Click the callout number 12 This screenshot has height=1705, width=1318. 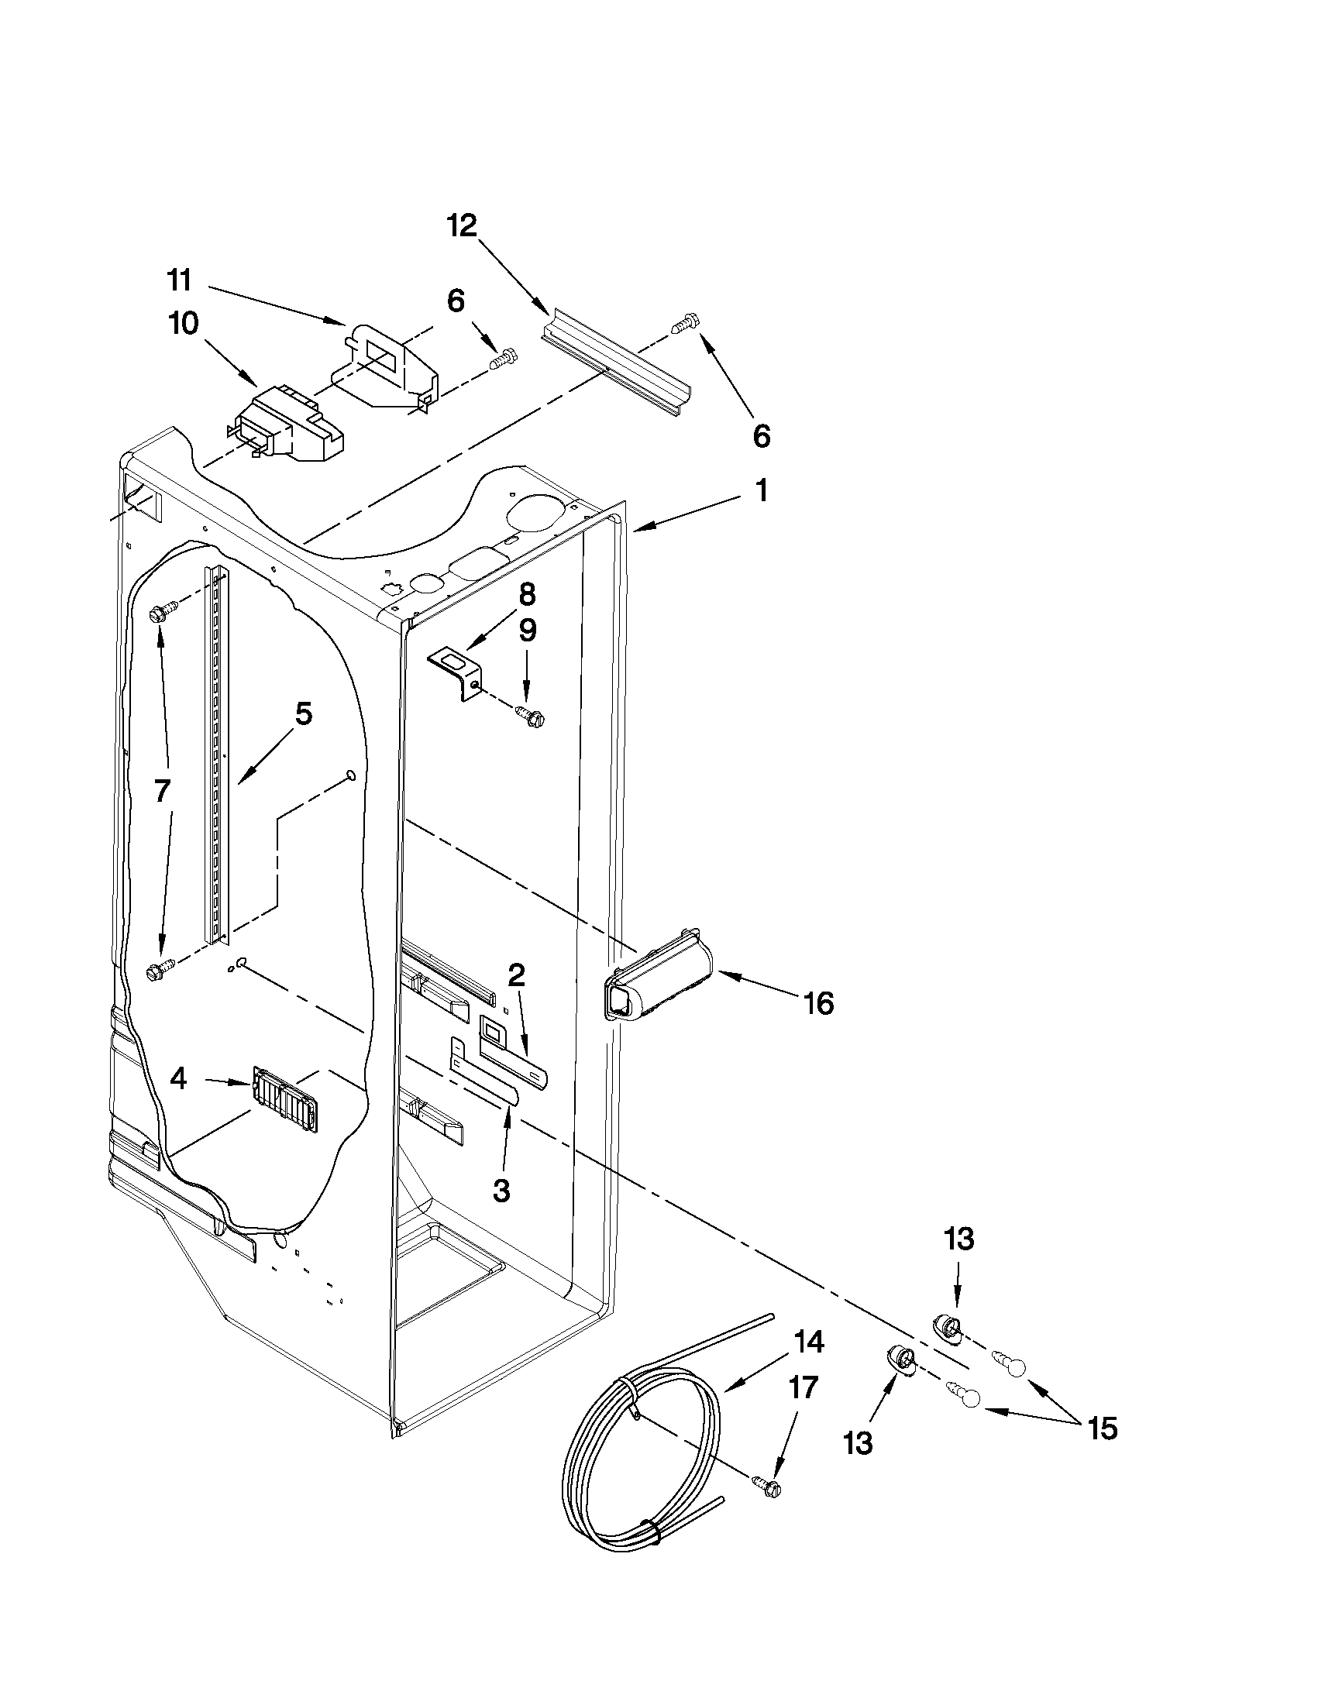462,226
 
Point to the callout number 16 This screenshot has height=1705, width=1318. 818,1002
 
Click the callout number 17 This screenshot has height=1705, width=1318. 803,1387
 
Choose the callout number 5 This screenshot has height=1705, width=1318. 303,713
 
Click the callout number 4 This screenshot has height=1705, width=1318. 178,1079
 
